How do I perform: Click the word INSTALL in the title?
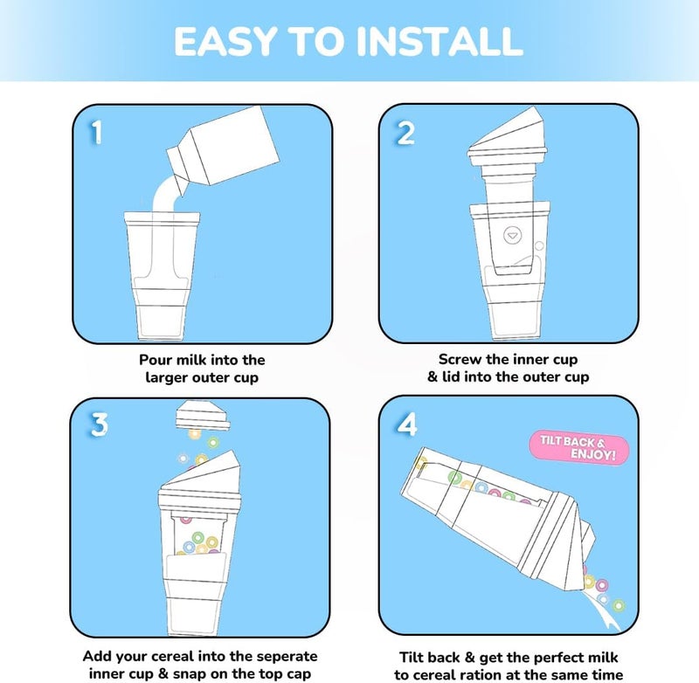[x=439, y=41]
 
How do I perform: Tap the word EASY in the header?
[x=225, y=41]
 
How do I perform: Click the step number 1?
[x=97, y=133]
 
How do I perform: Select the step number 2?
[x=405, y=133]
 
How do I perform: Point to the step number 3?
[x=100, y=424]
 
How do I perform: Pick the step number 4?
[x=407, y=424]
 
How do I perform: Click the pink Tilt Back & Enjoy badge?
[x=578, y=448]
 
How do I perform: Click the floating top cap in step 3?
[x=203, y=415]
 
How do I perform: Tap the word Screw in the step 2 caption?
[x=460, y=359]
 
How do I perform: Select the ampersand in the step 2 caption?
[x=433, y=377]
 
